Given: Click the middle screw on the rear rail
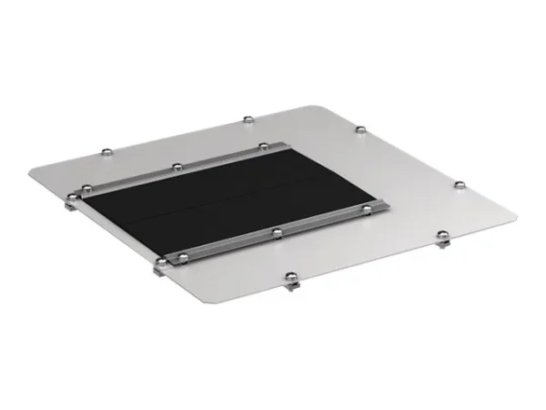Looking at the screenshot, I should tap(175, 167).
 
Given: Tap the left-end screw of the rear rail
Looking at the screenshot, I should tap(87, 189).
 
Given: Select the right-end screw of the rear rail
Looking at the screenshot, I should tap(263, 145).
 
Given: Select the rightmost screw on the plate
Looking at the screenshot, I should tap(460, 185).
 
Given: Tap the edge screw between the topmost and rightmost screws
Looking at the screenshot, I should tap(361, 129).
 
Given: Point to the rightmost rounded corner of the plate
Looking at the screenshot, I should tap(510, 217).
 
